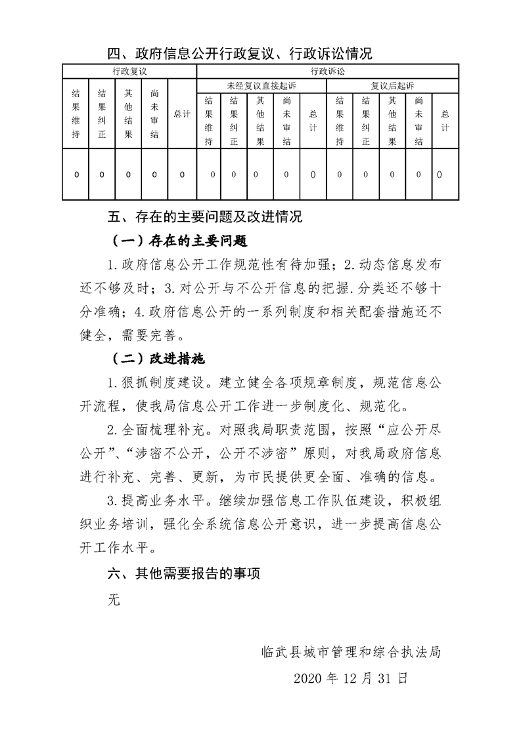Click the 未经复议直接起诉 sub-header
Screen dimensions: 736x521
click(261, 86)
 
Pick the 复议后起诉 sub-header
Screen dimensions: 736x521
click(392, 86)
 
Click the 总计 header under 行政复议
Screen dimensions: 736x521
click(182, 114)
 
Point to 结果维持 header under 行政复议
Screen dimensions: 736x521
click(76, 114)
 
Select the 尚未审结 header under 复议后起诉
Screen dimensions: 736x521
click(419, 121)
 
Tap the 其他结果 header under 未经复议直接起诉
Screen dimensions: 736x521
click(261, 121)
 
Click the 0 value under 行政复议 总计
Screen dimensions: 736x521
click(182, 174)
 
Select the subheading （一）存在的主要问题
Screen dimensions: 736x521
click(179, 241)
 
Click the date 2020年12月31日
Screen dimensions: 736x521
click(351, 678)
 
